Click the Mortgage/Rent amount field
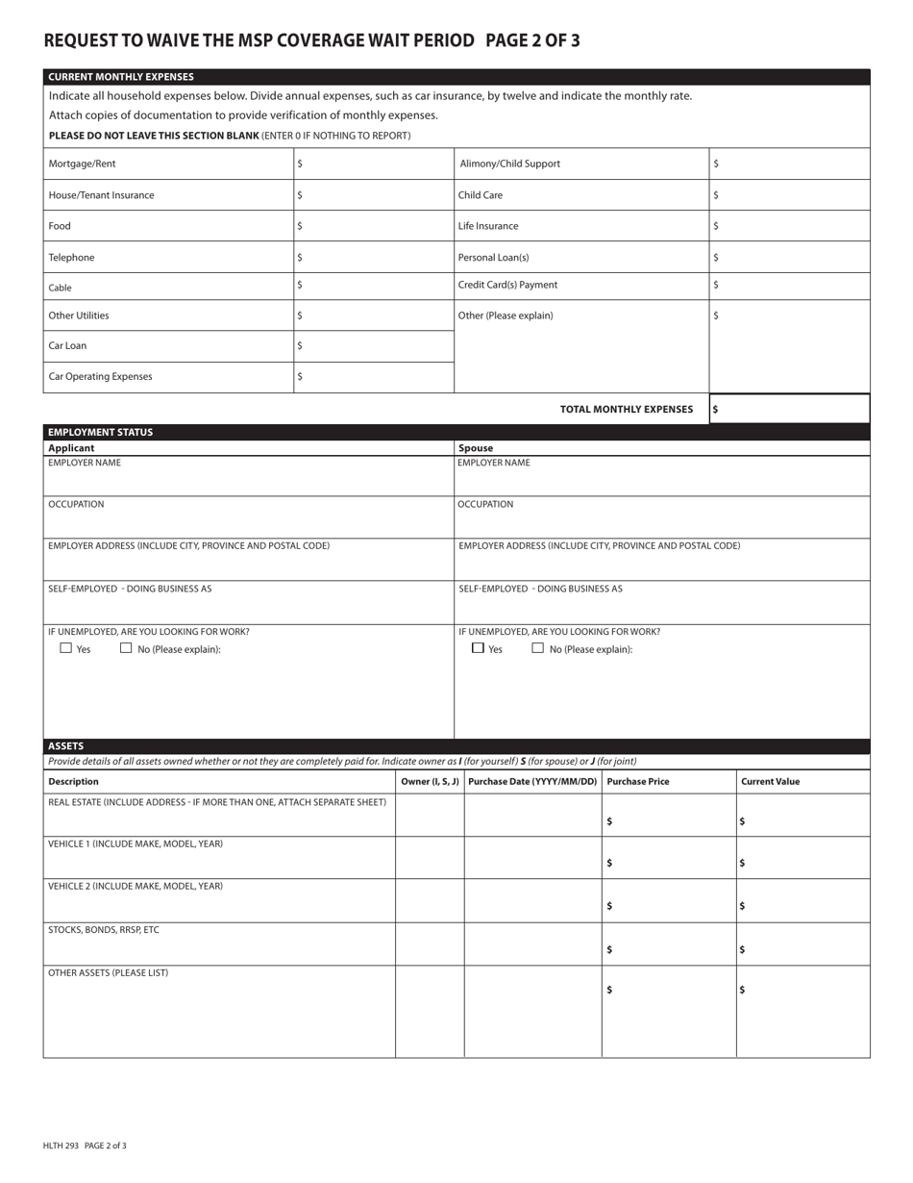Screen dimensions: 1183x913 [374, 164]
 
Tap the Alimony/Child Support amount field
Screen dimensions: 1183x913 [789, 164]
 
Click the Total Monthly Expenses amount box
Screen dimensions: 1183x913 [789, 409]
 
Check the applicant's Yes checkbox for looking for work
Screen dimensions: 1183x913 [66, 648]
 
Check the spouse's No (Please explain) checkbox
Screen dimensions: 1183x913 [538, 648]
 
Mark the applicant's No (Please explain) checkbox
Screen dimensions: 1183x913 [126, 648]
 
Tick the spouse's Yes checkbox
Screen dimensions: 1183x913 [478, 648]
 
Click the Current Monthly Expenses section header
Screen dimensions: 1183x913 [121, 77]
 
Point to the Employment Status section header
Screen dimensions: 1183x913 [101, 432]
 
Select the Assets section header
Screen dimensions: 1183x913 [66, 746]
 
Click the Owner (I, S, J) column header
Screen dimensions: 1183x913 [430, 782]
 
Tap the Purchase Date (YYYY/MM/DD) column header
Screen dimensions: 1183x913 [532, 782]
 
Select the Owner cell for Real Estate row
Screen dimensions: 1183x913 [430, 816]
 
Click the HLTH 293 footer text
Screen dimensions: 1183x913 [85, 1145]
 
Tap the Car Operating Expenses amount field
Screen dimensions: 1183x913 [374, 377]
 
